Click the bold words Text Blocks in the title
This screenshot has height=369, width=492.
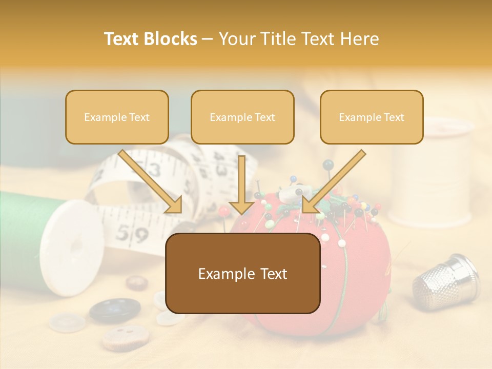pos(151,39)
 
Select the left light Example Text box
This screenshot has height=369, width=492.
pos(117,117)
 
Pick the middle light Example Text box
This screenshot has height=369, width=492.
pos(242,117)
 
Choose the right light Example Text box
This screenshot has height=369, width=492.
pos(372,117)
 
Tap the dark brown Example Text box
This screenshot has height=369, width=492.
pos(242,274)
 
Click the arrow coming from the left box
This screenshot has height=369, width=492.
pos(151,182)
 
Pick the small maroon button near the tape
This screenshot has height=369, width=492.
pos(137,282)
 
